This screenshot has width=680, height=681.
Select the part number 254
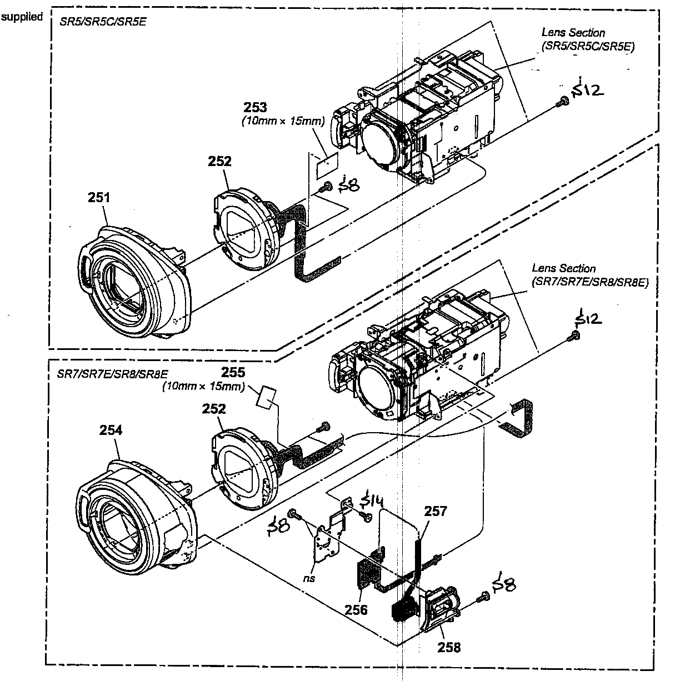[111, 429]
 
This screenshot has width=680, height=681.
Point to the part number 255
[233, 373]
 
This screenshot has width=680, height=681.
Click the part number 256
[356, 609]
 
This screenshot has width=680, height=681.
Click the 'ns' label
[310, 578]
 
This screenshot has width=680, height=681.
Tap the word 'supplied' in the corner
[22, 17]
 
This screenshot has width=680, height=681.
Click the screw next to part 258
[482, 596]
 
